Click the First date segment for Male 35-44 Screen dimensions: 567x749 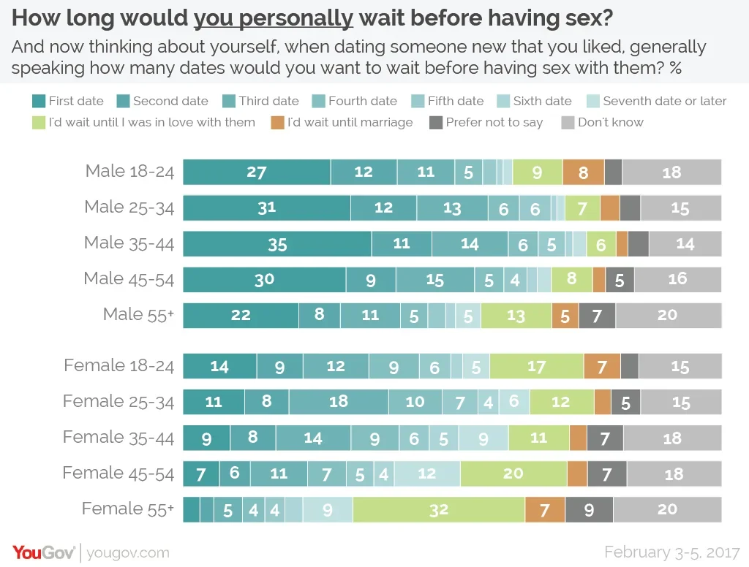277,244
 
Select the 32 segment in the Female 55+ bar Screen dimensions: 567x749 439,510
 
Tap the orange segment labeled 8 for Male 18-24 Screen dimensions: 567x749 583,172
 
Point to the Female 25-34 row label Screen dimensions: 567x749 118,401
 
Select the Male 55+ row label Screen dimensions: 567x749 138,315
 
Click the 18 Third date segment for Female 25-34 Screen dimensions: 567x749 339,402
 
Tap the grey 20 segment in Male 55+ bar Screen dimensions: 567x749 668,316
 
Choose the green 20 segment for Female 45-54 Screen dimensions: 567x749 513,473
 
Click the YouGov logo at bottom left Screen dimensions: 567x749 42,552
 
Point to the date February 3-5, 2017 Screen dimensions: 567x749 671,552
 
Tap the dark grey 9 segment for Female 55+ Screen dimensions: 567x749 589,510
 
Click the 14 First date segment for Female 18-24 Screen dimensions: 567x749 219,366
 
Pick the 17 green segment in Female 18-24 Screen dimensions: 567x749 536,366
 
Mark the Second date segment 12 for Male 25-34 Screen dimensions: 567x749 383,208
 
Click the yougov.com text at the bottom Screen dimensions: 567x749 128,553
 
